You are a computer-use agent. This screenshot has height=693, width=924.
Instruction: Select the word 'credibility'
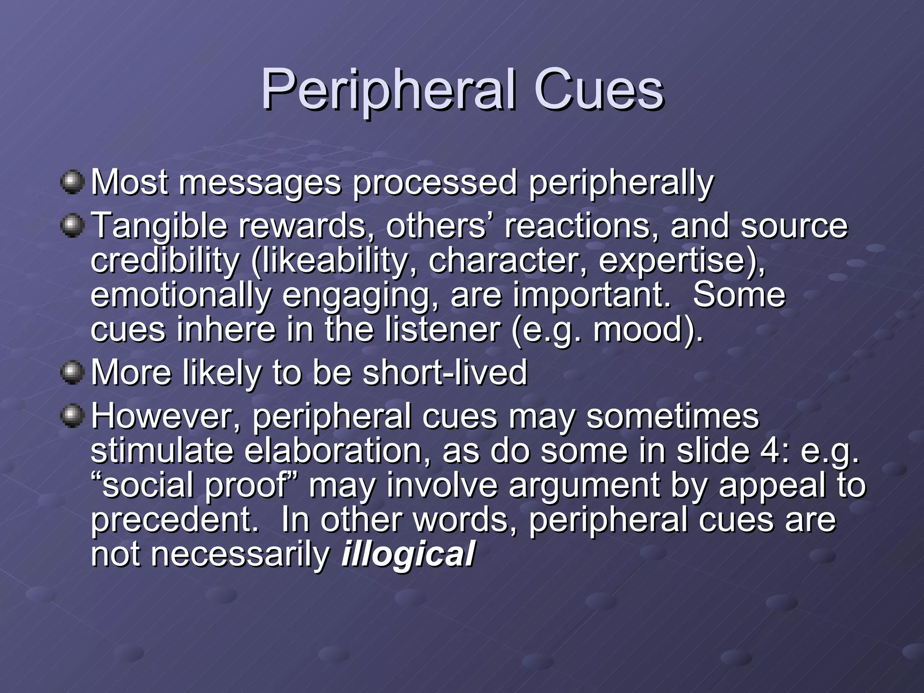pyautogui.click(x=165, y=260)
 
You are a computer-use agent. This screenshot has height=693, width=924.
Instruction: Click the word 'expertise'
pyautogui.click(x=672, y=260)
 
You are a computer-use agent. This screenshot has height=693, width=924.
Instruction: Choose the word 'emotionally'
pyautogui.click(x=180, y=295)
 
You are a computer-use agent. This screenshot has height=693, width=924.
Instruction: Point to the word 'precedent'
pyautogui.click(x=173, y=520)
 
